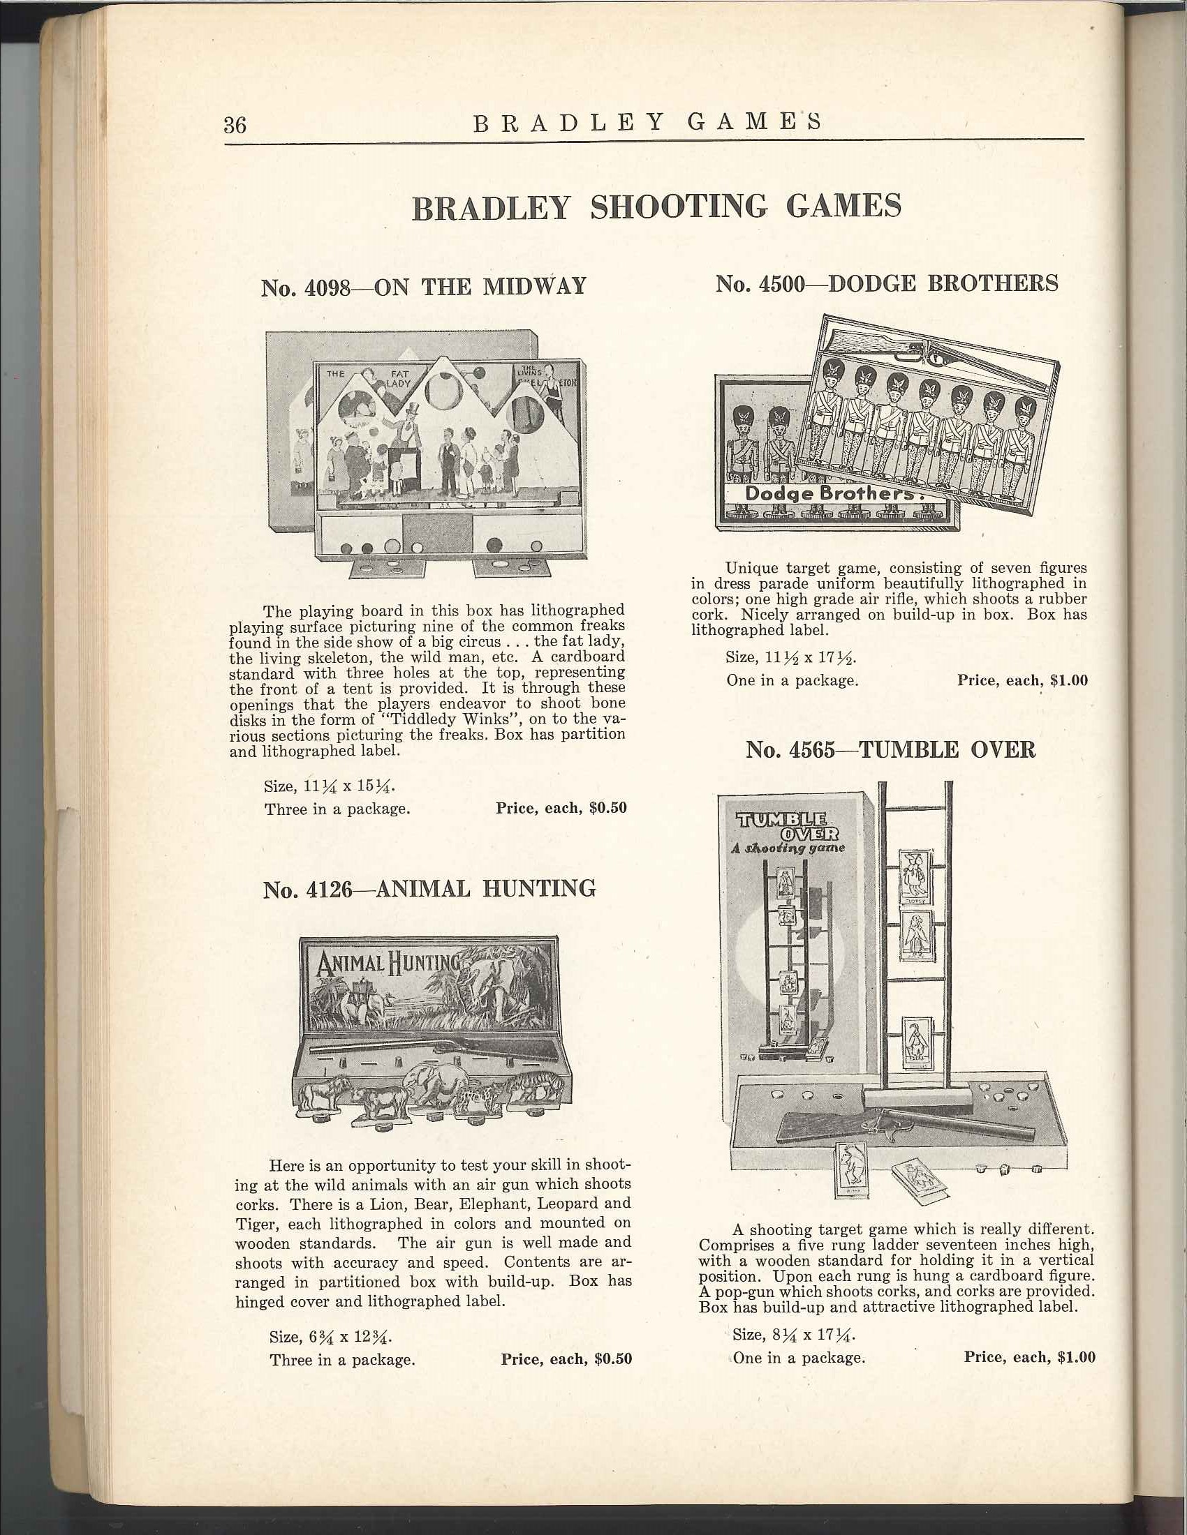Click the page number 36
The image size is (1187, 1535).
[x=235, y=124]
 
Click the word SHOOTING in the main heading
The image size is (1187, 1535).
[x=679, y=207]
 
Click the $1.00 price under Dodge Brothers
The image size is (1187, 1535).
[x=1068, y=680]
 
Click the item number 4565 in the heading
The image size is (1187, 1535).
[x=811, y=750]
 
